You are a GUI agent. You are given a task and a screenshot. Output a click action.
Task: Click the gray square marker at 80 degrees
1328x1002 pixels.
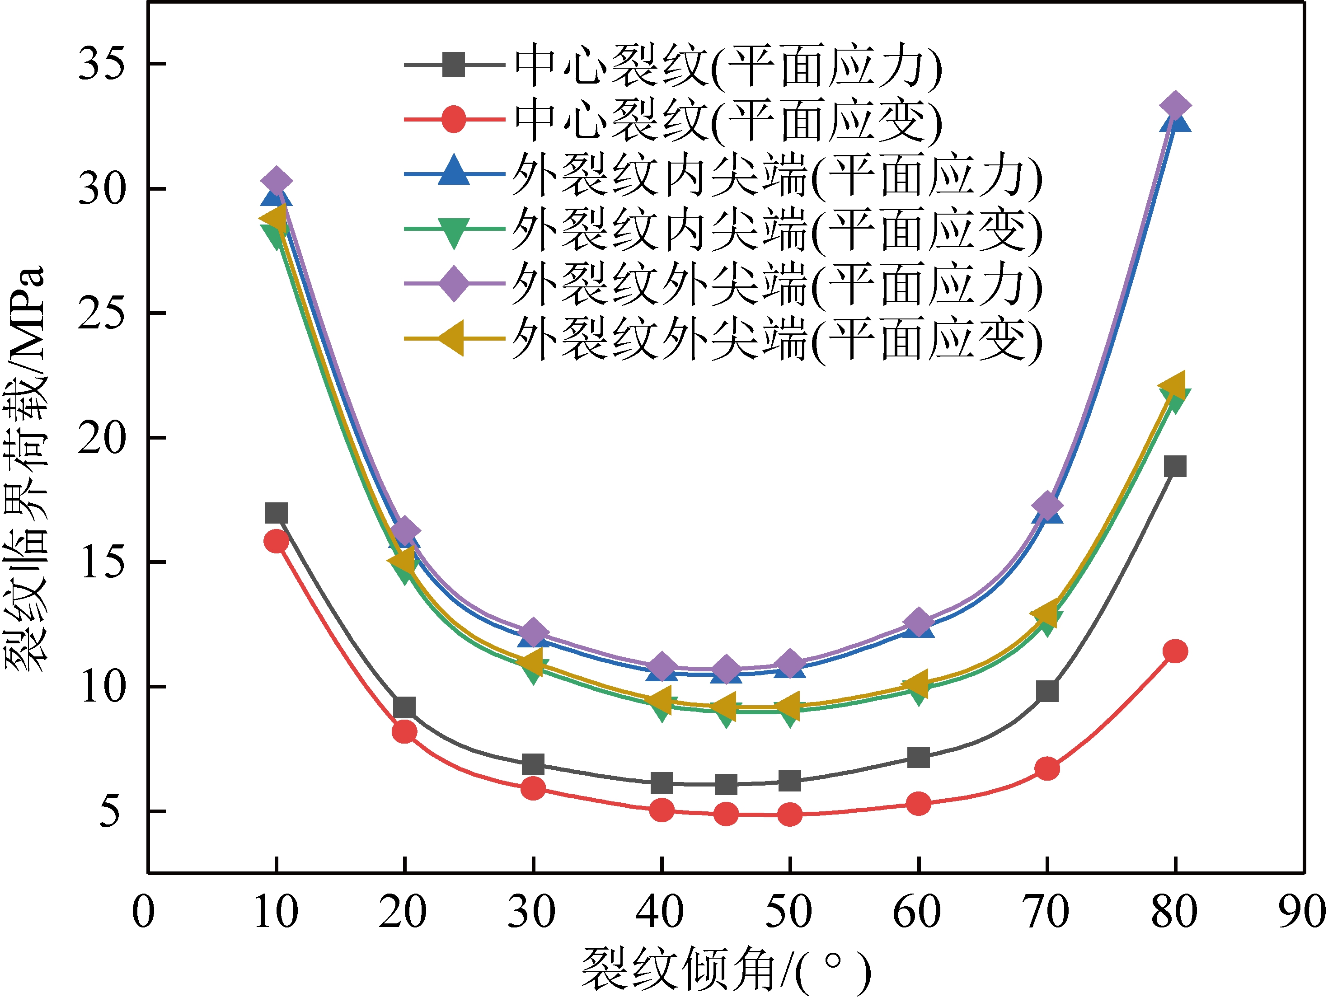(1175, 466)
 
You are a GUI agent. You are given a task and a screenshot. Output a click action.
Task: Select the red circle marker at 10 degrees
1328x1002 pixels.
(276, 541)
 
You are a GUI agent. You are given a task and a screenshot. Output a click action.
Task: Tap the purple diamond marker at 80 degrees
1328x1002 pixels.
(1175, 106)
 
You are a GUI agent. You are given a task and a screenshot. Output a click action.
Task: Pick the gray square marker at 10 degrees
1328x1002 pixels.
(276, 513)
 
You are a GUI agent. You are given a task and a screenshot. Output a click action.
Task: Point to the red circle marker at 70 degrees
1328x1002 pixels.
(1047, 768)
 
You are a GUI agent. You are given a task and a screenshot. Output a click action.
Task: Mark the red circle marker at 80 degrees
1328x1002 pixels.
(1175, 651)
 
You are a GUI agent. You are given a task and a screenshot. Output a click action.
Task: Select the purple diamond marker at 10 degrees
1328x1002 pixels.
(276, 180)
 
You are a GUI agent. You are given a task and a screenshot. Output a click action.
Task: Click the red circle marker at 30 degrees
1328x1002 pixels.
(533, 788)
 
